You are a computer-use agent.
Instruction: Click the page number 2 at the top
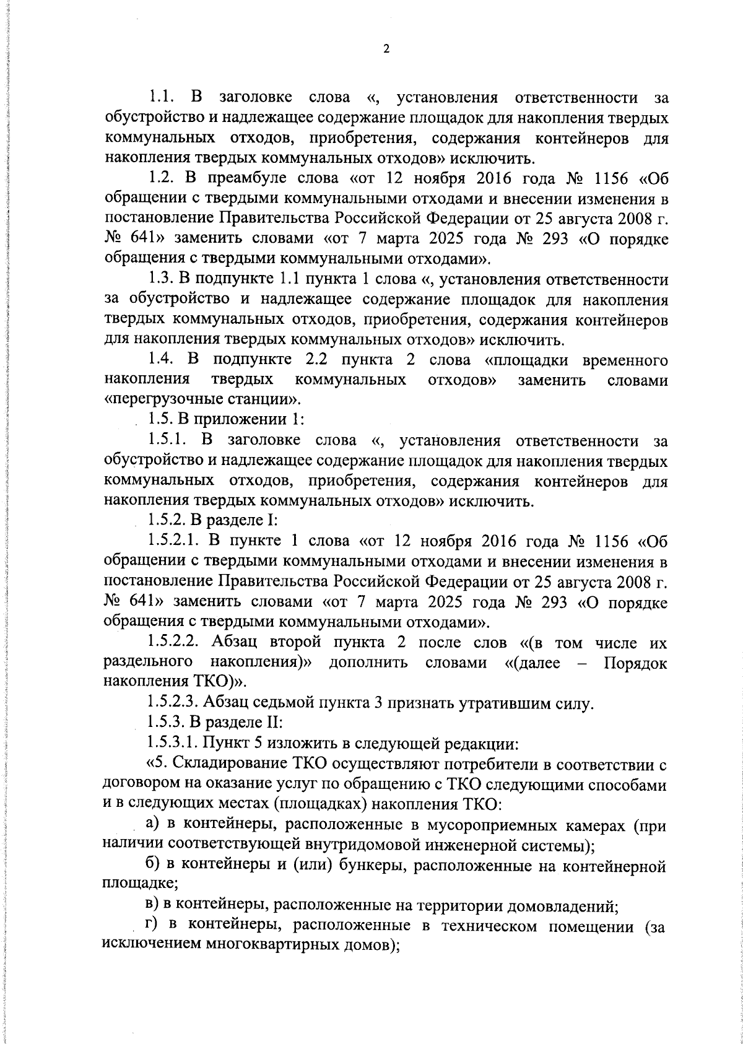(386, 50)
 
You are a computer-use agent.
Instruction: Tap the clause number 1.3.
(163, 280)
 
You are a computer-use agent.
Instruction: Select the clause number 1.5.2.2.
(175, 642)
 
